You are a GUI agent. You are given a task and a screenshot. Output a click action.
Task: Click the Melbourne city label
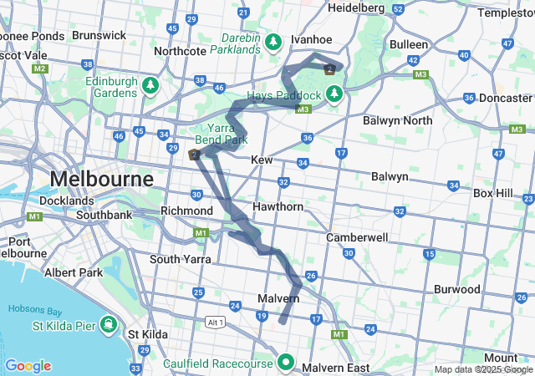click(x=101, y=180)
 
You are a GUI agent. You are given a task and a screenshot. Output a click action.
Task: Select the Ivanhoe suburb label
click(x=311, y=39)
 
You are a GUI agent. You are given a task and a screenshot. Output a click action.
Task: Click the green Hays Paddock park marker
click(x=334, y=93)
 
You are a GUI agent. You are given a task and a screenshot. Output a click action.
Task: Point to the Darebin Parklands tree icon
click(x=273, y=41)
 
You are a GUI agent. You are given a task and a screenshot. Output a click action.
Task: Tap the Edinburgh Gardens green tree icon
click(x=150, y=85)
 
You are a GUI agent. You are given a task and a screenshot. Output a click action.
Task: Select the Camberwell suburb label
click(x=357, y=237)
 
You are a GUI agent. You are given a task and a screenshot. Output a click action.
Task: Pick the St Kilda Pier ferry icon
click(x=108, y=323)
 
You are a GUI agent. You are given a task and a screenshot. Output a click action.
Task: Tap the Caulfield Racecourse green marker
click(x=286, y=363)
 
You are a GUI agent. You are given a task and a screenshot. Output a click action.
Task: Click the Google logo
click(x=28, y=366)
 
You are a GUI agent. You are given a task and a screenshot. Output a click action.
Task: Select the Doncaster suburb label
click(x=505, y=98)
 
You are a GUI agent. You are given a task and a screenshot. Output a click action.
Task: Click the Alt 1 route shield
click(x=215, y=322)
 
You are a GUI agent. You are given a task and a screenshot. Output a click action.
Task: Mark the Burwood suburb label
click(x=456, y=289)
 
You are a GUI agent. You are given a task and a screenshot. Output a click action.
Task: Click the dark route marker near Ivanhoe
click(x=330, y=69)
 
